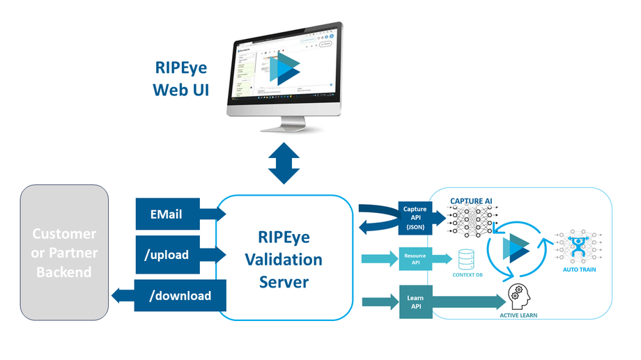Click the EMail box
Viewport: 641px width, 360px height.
(x=167, y=214)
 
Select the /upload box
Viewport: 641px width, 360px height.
(x=167, y=254)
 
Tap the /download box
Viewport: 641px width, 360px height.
(x=180, y=295)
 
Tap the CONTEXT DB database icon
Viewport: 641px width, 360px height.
(x=465, y=259)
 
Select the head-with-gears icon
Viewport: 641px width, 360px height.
(x=520, y=295)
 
